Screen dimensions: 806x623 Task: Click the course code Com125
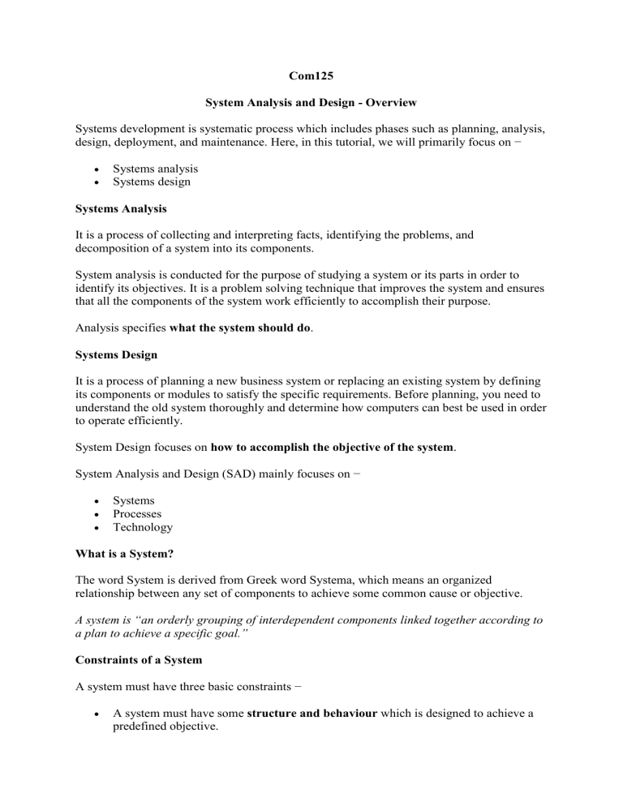(311, 78)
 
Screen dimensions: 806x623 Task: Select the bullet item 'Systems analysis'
(155, 168)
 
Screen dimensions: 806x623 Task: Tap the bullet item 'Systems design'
(152, 182)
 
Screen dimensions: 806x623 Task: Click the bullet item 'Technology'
(143, 528)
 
